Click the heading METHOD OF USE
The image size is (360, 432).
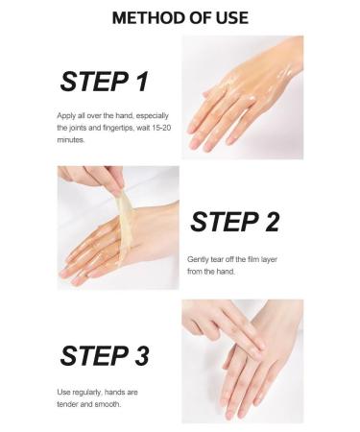point(180,17)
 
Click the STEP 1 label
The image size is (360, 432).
point(104,82)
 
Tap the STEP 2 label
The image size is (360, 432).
point(234,222)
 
